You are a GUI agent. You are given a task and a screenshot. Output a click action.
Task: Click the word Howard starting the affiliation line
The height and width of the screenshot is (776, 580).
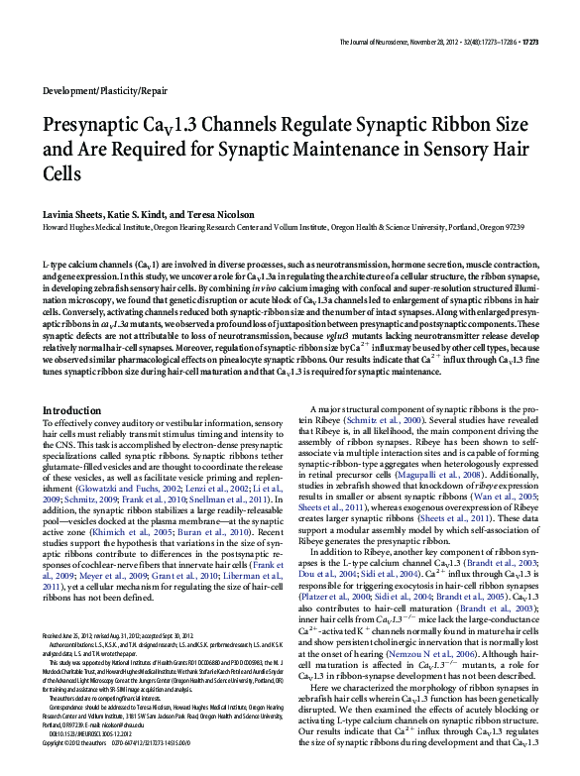[58, 226]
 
